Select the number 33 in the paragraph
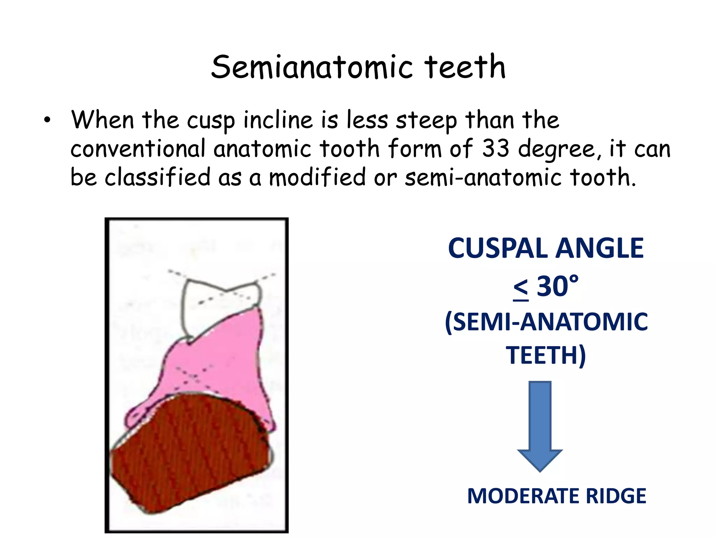pyautogui.click(x=496, y=148)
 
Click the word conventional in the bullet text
pyautogui.click(x=138, y=148)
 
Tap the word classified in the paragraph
pyautogui.click(x=158, y=177)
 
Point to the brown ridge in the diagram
pyautogui.click(x=189, y=454)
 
